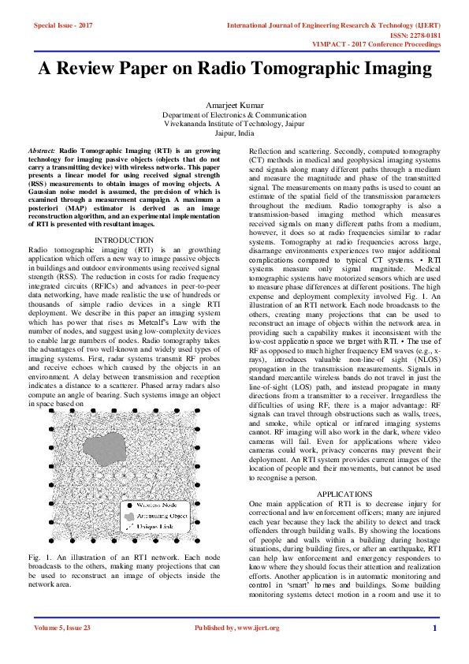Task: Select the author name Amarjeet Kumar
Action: [234, 104]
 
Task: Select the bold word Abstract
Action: [41, 149]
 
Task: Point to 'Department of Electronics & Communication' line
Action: [234, 114]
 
